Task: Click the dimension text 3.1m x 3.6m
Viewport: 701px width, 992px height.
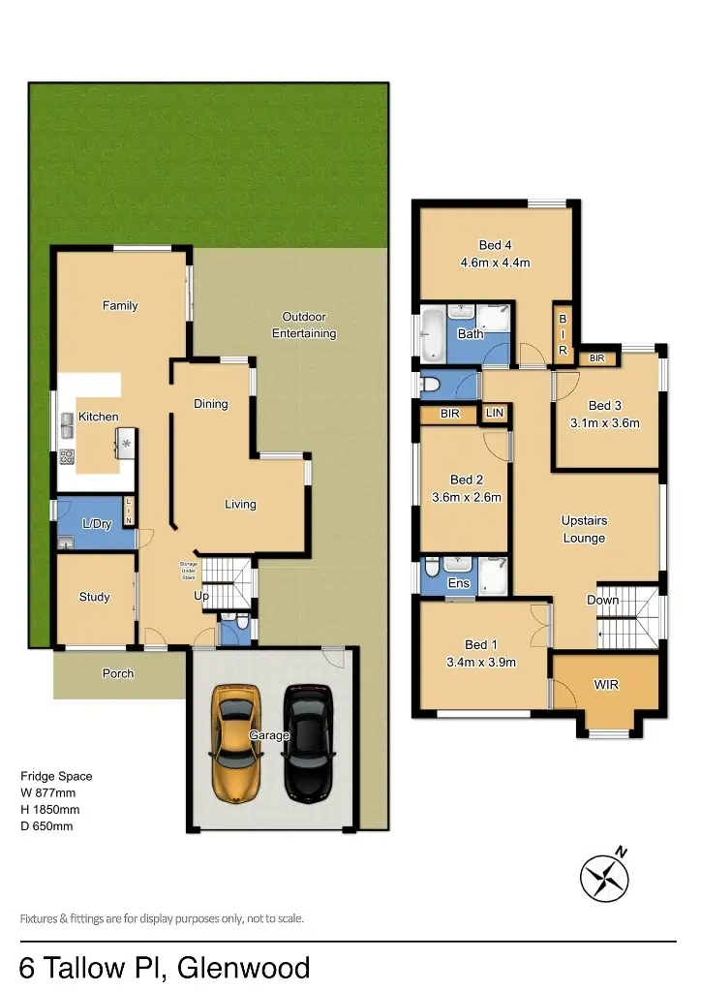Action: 606,422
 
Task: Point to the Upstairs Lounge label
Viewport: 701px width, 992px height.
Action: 583,529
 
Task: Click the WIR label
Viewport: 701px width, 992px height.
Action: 606,685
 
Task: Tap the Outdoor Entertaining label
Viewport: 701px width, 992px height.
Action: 303,325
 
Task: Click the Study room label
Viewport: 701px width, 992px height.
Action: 94,597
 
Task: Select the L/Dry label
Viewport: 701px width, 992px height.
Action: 97,524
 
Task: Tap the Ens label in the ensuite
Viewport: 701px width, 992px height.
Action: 459,583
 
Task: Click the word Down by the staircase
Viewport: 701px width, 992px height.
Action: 602,600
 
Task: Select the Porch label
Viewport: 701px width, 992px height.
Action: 118,673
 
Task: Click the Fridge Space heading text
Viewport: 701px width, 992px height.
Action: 56,776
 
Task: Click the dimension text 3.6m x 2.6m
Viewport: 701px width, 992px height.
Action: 466,498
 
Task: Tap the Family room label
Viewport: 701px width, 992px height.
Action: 120,305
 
